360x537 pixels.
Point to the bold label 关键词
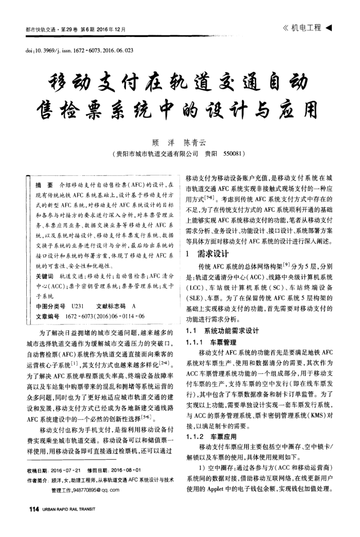click(42, 276)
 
